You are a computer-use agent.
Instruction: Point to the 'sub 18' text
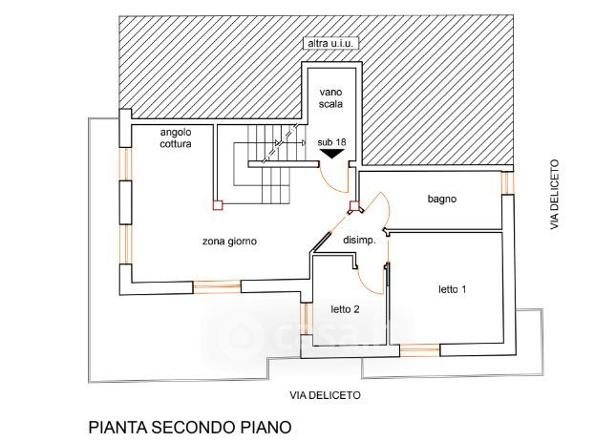point(331,141)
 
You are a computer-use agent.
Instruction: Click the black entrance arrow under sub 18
point(331,153)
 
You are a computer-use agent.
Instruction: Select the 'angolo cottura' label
point(176,137)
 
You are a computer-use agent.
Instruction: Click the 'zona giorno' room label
point(229,242)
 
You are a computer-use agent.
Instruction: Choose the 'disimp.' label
point(359,241)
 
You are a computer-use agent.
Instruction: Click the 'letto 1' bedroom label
point(452,288)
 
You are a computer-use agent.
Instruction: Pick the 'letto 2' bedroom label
point(345,309)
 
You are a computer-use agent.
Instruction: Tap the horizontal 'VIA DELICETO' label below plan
point(326,394)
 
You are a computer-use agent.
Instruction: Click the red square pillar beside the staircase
point(217,203)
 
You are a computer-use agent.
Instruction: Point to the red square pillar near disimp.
point(353,205)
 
